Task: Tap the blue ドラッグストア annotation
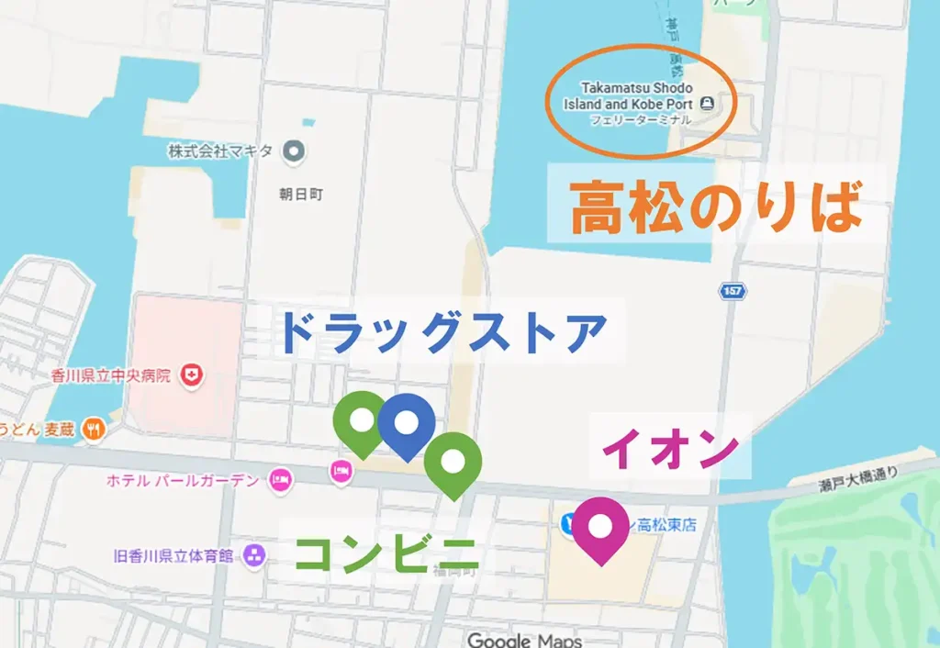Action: click(x=442, y=332)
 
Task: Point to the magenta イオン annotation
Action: click(x=670, y=450)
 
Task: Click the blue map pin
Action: click(x=407, y=423)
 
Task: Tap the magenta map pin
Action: click(x=601, y=527)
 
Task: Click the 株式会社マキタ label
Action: click(x=220, y=151)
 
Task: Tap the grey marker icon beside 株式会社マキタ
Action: click(x=294, y=150)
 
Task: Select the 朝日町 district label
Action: click(x=301, y=195)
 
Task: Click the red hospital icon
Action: click(x=193, y=374)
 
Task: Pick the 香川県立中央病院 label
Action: click(x=111, y=376)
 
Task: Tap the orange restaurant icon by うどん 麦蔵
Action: click(x=93, y=428)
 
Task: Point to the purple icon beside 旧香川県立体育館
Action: click(x=254, y=555)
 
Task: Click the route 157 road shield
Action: click(x=733, y=291)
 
